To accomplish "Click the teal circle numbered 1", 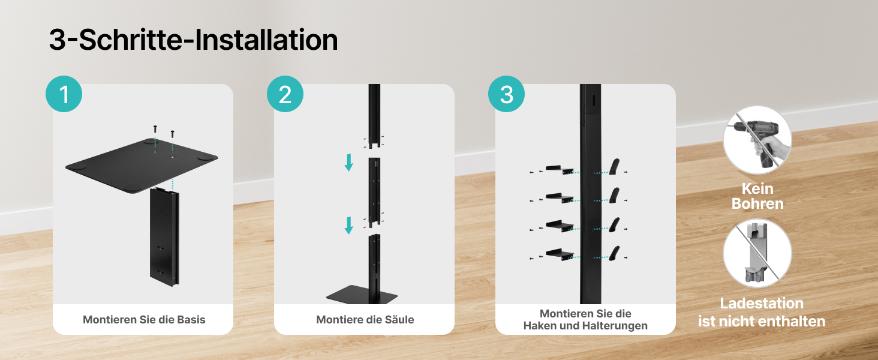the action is click(x=64, y=94).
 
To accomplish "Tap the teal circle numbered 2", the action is click(x=285, y=94).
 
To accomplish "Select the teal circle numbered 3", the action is click(x=506, y=94).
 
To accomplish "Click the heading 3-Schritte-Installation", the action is click(x=193, y=40).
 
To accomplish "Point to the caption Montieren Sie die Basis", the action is click(x=144, y=320).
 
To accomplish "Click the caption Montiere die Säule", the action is click(x=365, y=320).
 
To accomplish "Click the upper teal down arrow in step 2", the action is click(x=348, y=163).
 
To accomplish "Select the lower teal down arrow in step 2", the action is click(x=348, y=225).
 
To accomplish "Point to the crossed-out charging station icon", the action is click(x=757, y=253).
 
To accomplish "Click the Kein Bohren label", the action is click(x=757, y=196).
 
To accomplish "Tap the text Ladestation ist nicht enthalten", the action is click(x=762, y=312).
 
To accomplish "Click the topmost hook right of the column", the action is click(x=614, y=167).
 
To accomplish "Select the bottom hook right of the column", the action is click(x=614, y=253).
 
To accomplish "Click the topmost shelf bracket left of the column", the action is click(x=560, y=169).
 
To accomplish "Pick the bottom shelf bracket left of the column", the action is click(x=560, y=254).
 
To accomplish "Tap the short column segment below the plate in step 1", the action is click(x=164, y=237).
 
